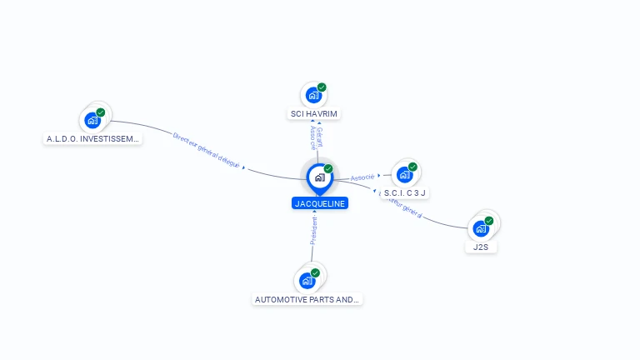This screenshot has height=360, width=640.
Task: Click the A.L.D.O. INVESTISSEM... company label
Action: [x=93, y=139]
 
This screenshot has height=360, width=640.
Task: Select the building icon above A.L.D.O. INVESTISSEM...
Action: [x=92, y=120]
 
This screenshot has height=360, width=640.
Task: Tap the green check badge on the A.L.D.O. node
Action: [x=101, y=112]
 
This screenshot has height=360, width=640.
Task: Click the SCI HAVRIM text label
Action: [x=314, y=113]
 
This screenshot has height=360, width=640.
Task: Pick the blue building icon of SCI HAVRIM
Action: [x=313, y=95]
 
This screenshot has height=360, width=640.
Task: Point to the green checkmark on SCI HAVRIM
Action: [x=322, y=87]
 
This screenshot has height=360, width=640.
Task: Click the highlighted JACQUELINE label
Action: [x=319, y=203]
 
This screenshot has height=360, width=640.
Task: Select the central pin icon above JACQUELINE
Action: [x=319, y=177]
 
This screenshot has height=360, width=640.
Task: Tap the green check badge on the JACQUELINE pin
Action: [x=328, y=169]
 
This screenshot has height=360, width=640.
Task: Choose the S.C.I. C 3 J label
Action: [x=405, y=192]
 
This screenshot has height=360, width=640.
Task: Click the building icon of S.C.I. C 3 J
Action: [x=404, y=174]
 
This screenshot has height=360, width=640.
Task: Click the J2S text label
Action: [x=480, y=247]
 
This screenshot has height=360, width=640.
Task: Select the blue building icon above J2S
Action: [x=480, y=228]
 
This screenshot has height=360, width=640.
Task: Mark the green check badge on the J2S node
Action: [x=489, y=221]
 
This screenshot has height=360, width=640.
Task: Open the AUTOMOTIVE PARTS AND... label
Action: [x=307, y=299]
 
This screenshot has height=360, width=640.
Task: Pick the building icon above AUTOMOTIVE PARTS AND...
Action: [x=307, y=281]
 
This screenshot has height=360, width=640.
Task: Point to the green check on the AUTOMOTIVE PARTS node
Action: [x=315, y=273]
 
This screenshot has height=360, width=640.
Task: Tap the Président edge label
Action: [x=314, y=230]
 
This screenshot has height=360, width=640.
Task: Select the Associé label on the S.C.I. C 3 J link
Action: [x=362, y=177]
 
